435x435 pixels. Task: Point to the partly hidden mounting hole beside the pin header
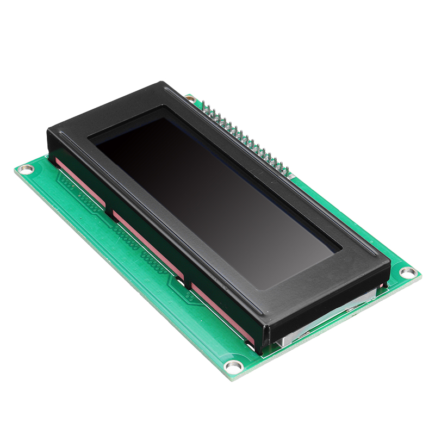190,99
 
